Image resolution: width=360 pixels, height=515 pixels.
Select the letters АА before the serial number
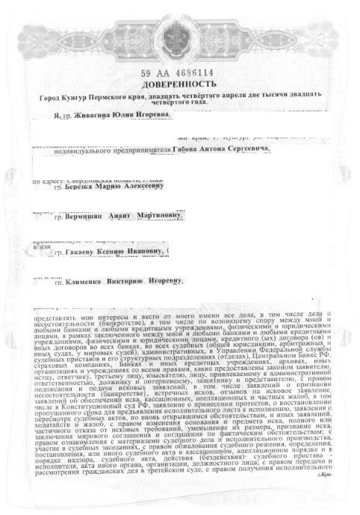[x=160, y=73]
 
